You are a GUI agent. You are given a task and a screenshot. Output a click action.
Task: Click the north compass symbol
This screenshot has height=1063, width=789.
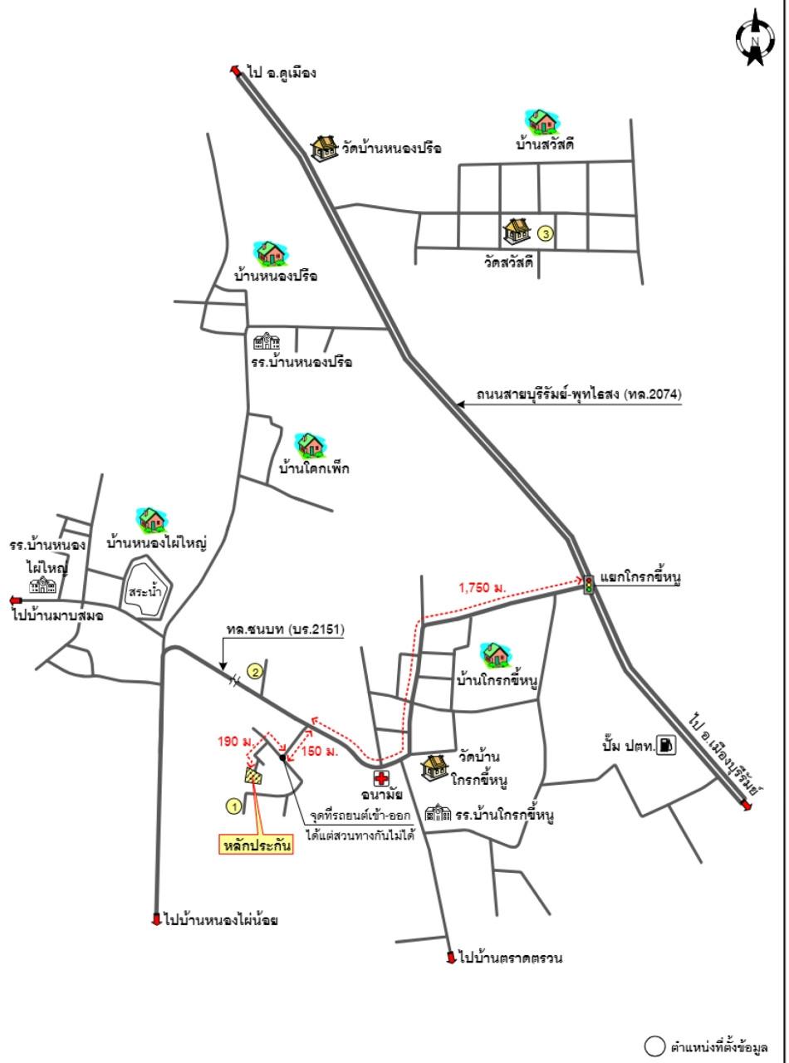coord(755,37)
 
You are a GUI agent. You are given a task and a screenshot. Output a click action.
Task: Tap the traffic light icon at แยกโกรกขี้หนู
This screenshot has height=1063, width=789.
coord(589,584)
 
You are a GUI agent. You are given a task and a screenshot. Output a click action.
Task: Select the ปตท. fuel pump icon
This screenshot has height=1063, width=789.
coord(666,745)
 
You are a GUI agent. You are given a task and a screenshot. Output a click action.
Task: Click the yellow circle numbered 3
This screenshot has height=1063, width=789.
coord(546,233)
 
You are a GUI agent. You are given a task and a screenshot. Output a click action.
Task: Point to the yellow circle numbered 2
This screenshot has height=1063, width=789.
coord(255,672)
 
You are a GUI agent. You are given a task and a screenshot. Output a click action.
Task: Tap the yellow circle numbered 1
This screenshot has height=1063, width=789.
coord(234,807)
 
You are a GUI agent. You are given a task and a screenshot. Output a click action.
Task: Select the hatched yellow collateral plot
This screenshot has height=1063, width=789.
coord(253,776)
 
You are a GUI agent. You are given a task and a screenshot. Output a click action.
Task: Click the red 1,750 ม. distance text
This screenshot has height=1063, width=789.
coord(483,588)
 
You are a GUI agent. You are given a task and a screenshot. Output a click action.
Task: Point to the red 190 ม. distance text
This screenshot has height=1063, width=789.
coord(235,741)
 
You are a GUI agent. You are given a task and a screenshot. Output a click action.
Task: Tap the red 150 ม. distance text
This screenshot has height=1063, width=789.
coord(321,751)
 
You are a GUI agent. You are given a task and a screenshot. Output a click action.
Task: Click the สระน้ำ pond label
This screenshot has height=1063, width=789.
coord(145,592)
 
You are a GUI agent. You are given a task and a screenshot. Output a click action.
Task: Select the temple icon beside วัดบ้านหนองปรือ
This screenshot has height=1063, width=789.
coord(326,148)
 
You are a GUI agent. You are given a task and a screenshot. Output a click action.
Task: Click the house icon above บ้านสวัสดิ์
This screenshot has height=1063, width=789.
coord(543,122)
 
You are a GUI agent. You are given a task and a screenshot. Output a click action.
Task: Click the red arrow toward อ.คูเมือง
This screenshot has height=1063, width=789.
coord(236,71)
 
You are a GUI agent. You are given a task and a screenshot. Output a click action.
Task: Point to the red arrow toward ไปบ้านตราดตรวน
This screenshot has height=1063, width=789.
coord(451,958)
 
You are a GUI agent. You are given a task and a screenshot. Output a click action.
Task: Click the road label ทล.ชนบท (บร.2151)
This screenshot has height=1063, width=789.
coord(285,629)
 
